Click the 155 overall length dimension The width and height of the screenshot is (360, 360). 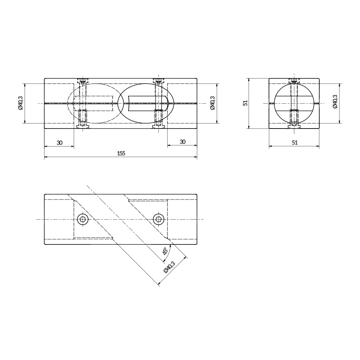pos(121,153)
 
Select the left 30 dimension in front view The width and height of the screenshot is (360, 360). pos(59,143)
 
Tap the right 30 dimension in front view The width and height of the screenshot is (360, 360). pos(183,142)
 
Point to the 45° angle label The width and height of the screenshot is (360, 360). pos(165,251)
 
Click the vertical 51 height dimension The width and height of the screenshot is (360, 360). pos(246,103)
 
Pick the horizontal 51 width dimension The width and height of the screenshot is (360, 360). pos(294,143)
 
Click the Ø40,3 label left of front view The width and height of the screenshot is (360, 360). pos(21,103)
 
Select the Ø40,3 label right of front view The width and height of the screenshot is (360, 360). pos(212,103)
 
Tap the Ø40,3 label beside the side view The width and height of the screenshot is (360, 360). pos(334,101)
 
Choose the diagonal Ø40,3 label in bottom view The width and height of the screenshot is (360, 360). pos(170,267)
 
